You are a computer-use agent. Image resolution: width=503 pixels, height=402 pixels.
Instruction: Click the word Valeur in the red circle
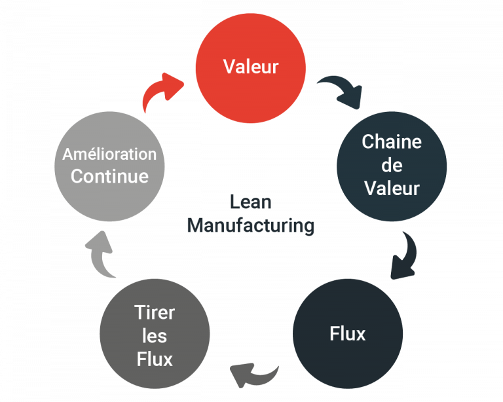tap(251, 67)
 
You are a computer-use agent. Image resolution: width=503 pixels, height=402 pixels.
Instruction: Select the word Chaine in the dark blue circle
tap(392, 141)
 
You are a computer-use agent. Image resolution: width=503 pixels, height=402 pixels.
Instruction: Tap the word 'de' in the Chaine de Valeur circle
tap(392, 165)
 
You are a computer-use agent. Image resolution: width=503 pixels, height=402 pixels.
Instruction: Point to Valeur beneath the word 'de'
tap(392, 189)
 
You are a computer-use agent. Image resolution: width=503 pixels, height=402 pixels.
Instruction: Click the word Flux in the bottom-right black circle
tap(347, 334)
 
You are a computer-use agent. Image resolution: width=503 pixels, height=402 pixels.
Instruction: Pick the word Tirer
tap(155, 312)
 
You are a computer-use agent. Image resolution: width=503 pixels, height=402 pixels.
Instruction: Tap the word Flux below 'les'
tap(155, 359)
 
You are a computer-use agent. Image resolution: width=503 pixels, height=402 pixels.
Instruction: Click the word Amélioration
tap(109, 155)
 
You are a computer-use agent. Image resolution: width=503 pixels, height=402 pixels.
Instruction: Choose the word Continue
tap(109, 176)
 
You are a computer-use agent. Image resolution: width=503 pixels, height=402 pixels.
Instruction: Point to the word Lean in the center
tap(250, 202)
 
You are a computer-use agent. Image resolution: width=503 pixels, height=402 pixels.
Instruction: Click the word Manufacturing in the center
tap(250, 226)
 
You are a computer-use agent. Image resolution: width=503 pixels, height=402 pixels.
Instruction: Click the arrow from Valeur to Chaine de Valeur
tap(339, 92)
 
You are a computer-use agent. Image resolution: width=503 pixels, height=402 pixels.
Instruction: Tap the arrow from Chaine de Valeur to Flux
tap(403, 256)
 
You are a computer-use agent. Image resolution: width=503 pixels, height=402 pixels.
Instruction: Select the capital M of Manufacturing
tap(195, 226)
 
